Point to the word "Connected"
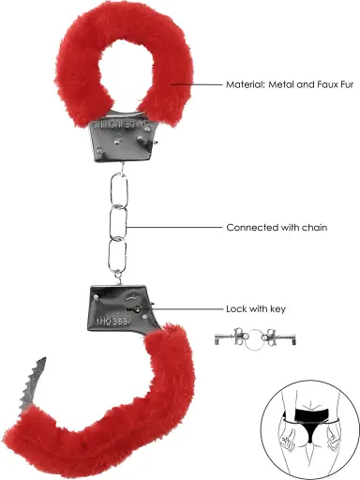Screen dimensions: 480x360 250,228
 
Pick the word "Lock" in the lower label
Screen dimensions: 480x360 235,307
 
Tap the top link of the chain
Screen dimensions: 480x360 117,192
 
